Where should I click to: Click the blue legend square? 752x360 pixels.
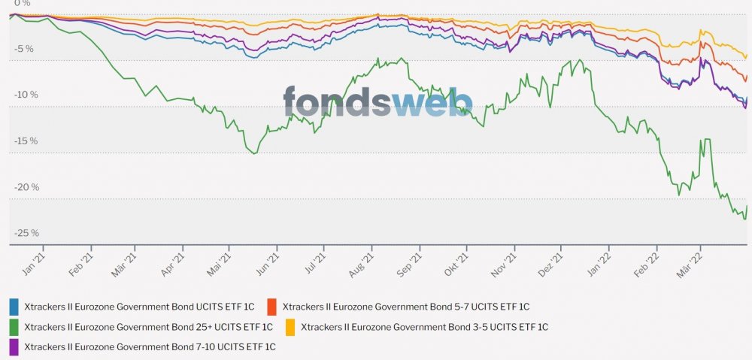[14, 307]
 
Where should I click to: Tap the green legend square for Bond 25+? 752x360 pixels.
[14, 327]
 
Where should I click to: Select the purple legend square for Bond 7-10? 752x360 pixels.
[14, 347]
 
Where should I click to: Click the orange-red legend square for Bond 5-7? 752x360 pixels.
[272, 307]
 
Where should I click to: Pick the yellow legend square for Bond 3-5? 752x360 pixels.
[290, 327]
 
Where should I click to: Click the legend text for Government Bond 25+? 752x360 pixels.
[149, 327]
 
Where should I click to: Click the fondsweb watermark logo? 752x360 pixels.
[378, 102]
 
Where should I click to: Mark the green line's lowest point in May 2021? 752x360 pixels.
[254, 153]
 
